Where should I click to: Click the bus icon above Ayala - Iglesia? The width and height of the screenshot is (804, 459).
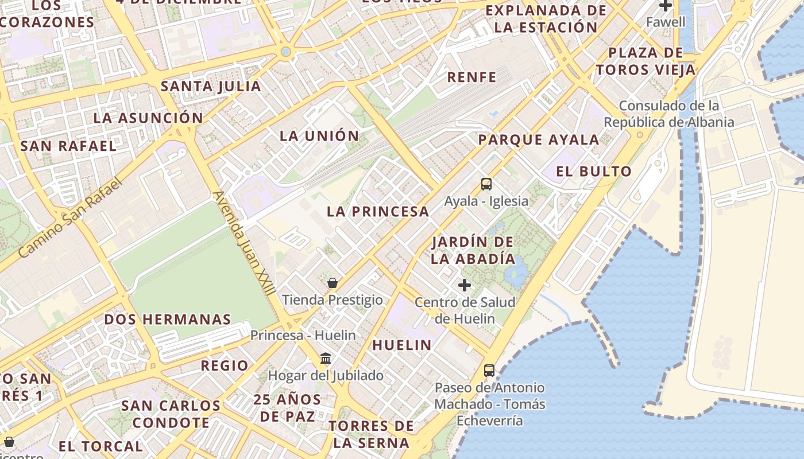(486, 184)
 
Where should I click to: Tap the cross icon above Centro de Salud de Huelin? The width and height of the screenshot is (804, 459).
(465, 285)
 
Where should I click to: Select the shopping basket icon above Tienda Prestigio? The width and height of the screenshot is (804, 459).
(332, 282)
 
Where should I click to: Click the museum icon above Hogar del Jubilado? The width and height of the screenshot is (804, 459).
(326, 359)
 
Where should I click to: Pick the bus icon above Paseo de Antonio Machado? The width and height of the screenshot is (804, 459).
(489, 371)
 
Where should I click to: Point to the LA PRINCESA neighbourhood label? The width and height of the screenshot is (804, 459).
(378, 211)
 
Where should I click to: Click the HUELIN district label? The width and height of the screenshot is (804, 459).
(402, 345)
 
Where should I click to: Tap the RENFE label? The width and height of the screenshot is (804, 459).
(471, 76)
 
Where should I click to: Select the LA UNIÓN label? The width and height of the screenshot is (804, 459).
(319, 136)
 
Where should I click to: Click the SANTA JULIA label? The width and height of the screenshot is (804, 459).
(211, 87)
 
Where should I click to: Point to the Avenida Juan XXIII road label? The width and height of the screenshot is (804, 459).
(243, 243)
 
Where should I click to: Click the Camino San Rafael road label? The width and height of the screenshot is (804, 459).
(70, 218)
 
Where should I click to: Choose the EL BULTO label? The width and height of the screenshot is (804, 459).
(594, 171)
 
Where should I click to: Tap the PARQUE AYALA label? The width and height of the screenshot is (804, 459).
(539, 139)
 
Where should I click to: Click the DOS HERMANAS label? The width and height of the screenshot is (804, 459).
(168, 319)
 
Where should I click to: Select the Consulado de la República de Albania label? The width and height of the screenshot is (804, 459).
(668, 114)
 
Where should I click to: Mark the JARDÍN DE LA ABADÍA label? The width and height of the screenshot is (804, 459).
(473, 250)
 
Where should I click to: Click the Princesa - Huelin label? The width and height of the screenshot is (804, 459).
(303, 334)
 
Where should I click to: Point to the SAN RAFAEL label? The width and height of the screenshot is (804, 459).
(68, 146)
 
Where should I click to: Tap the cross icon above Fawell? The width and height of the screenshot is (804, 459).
(666, 6)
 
